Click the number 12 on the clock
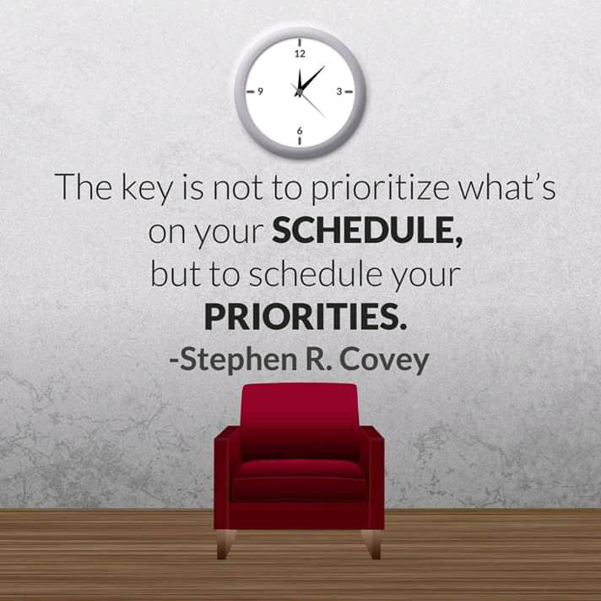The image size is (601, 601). point(300,54)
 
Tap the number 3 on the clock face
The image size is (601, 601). point(338,92)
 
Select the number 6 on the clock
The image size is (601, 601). point(300,131)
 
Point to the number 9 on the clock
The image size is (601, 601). point(260,91)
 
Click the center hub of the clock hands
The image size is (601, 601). point(300,92)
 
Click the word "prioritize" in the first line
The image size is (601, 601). point(380,188)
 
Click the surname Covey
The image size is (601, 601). point(384,360)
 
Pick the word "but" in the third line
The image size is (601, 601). point(176,273)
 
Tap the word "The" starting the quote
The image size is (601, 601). point(84,187)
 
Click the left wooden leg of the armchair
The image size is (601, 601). point(225,544)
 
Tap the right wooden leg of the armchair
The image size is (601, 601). point(371,544)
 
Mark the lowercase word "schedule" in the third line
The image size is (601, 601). point(316,273)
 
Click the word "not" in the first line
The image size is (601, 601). point(238,188)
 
